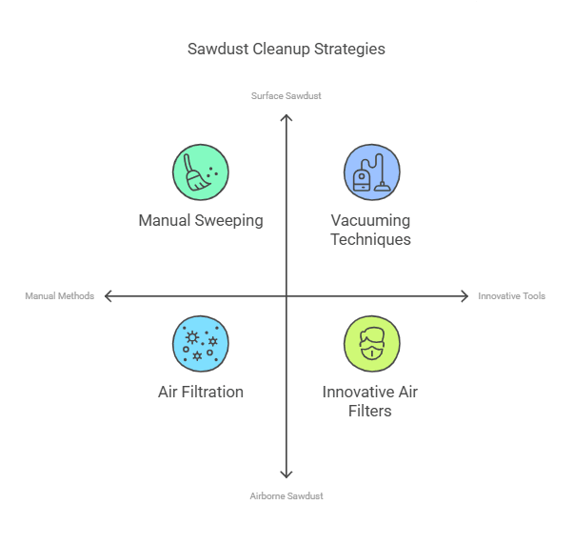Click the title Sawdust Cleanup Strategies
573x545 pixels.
(x=286, y=49)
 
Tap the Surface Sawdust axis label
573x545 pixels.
(x=286, y=95)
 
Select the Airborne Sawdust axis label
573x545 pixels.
(x=286, y=495)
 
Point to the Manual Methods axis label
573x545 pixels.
(x=60, y=296)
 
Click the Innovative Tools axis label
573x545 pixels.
(x=512, y=296)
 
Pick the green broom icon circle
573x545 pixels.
(x=201, y=172)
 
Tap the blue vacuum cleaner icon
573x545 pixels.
(x=371, y=172)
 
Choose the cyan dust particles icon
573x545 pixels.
(x=201, y=344)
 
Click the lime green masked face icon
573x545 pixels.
(x=371, y=344)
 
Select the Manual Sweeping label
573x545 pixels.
(x=201, y=220)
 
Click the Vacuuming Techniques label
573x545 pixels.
(x=371, y=230)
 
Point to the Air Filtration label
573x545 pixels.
(x=201, y=392)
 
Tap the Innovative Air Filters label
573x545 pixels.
(x=370, y=401)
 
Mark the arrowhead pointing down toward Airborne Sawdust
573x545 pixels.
(x=286, y=474)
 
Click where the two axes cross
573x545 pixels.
(x=286, y=296)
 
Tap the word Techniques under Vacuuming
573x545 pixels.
(x=371, y=239)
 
